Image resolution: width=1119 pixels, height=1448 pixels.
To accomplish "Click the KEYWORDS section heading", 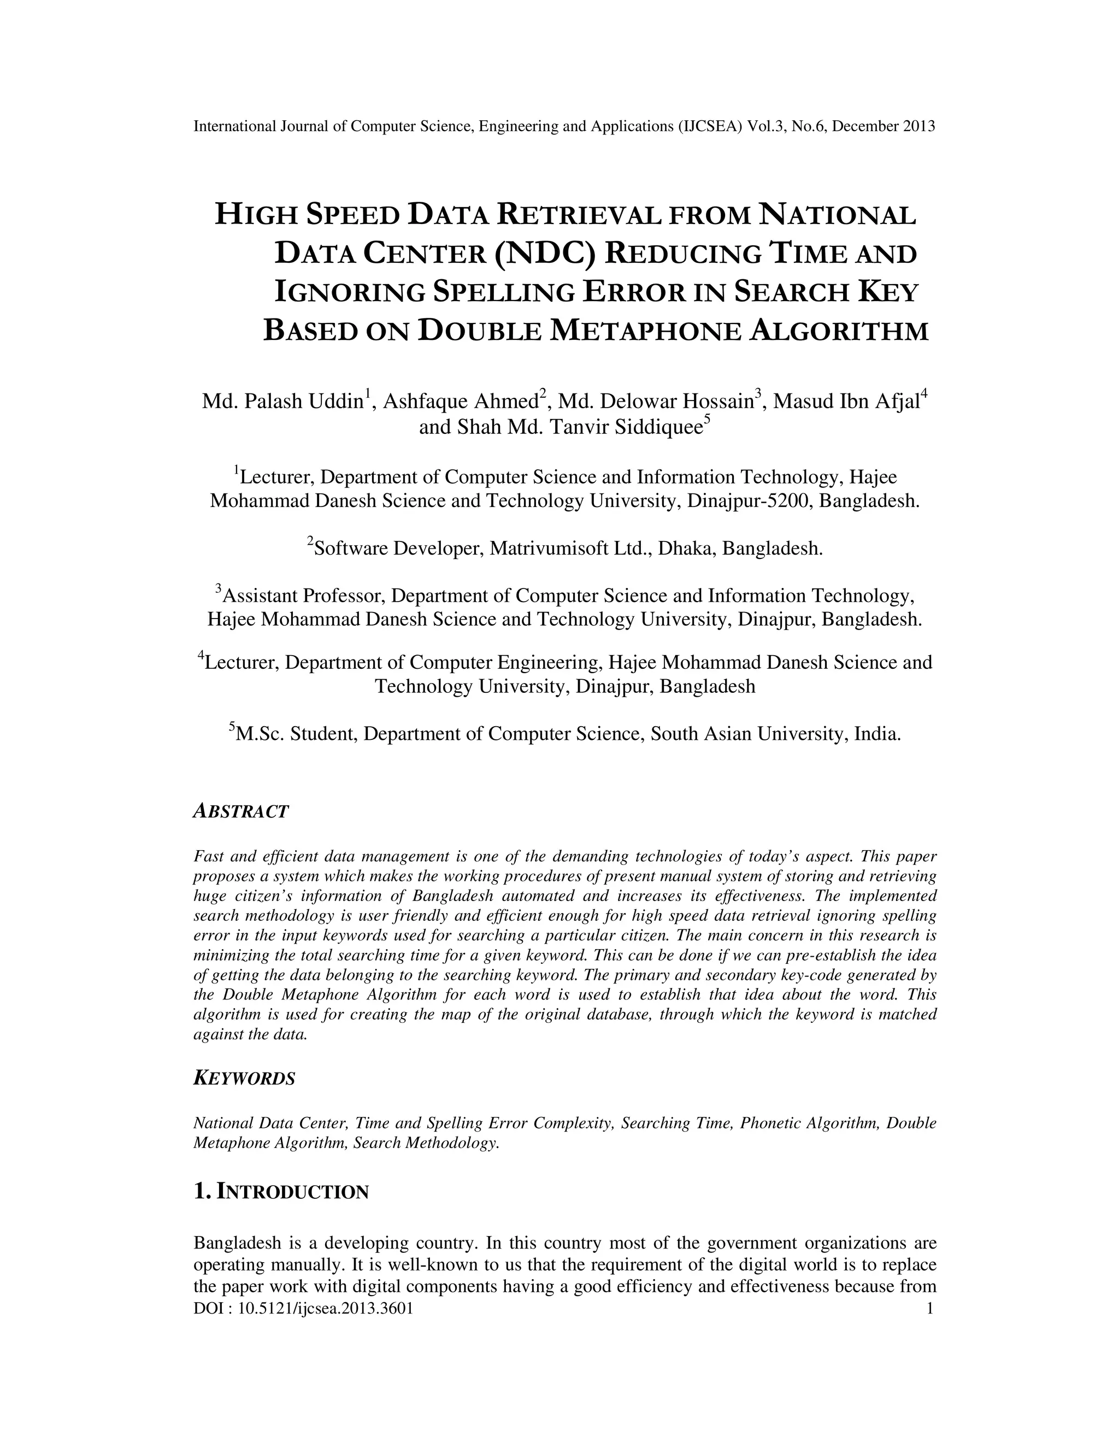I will click(x=244, y=1078).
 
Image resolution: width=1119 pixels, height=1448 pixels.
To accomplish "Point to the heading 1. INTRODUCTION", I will click(x=280, y=1191).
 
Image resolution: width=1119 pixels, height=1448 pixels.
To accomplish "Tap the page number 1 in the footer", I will click(x=929, y=1308).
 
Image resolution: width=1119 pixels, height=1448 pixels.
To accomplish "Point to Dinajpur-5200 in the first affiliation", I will click(x=749, y=501).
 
